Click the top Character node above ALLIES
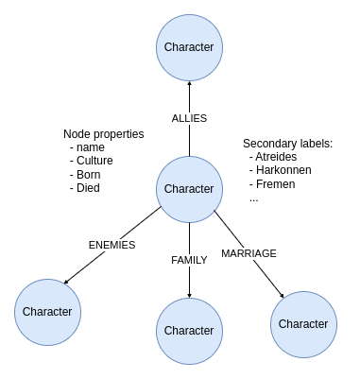[189, 47]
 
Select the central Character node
[189, 189]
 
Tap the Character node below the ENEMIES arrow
[47, 311]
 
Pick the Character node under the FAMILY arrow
[189, 331]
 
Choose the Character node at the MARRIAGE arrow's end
[304, 323]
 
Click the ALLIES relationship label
[189, 118]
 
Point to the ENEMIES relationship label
[111, 245]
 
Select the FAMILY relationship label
[189, 260]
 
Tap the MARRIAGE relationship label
[249, 253]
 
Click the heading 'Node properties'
[104, 134]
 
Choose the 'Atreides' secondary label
[280, 157]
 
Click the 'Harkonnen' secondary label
[286, 170]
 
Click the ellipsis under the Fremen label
[254, 198]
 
